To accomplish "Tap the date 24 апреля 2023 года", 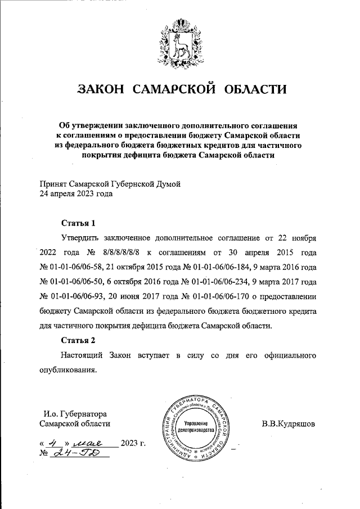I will [x=75, y=194].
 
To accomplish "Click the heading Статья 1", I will [x=75, y=222].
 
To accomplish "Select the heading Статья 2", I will [x=75, y=340].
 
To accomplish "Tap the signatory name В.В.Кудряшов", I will [x=288, y=423].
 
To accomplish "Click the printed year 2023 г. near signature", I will [x=133, y=444].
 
